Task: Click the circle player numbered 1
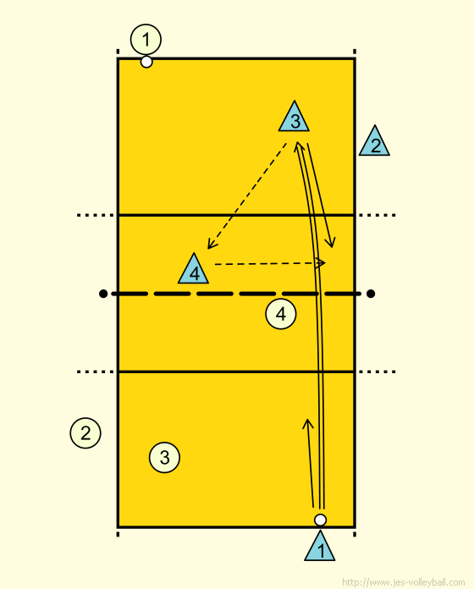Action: [x=146, y=40]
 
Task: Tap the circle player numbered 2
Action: [x=85, y=433]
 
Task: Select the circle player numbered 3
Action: [x=164, y=458]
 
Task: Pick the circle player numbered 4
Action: [x=281, y=314]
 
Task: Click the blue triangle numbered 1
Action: [x=320, y=548]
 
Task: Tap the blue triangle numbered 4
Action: [x=194, y=271]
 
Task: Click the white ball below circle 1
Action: [x=146, y=62]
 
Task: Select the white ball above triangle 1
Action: [x=320, y=520]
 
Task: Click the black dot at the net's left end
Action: [x=103, y=294]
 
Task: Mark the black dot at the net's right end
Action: [x=371, y=294]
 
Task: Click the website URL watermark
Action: [x=404, y=582]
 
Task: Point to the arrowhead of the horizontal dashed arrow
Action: [x=322, y=262]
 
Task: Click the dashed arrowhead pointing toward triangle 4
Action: [x=211, y=245]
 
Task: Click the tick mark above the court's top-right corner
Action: [x=355, y=52]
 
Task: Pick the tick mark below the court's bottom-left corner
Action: [x=118, y=534]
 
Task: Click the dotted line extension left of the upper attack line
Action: [x=95, y=215]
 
